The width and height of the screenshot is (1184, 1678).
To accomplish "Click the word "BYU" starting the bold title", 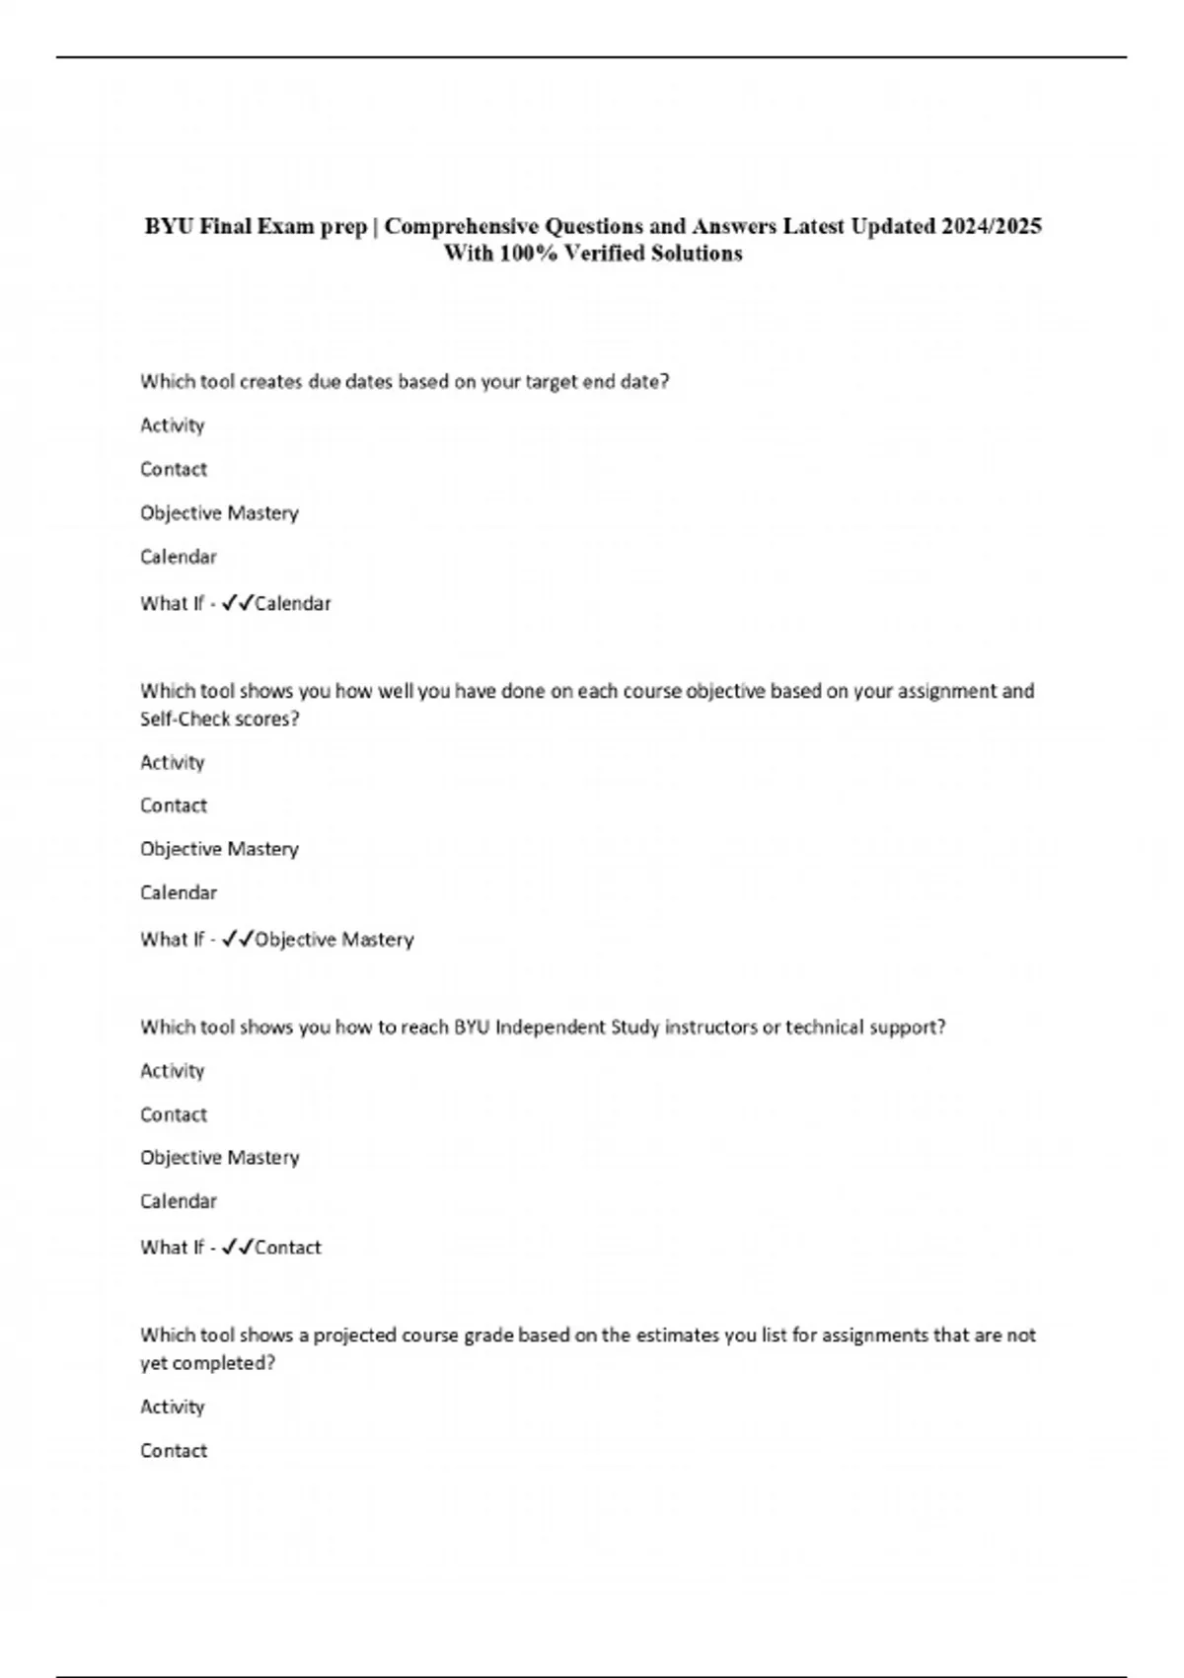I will (x=169, y=226).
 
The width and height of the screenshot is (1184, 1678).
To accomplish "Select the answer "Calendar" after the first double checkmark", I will (x=293, y=603).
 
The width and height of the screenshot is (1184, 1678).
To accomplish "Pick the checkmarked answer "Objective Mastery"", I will (x=334, y=940).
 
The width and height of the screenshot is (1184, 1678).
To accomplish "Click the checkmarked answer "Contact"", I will (x=288, y=1248).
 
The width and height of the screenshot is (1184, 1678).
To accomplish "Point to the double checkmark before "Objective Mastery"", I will (x=238, y=940).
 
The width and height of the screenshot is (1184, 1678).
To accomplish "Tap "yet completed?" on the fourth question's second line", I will (x=207, y=1363).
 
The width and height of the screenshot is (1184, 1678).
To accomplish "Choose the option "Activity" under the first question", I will (x=173, y=425).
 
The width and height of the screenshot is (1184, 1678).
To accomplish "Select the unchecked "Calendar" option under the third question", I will (x=179, y=1201).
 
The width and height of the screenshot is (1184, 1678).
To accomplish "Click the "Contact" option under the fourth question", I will (x=174, y=1451).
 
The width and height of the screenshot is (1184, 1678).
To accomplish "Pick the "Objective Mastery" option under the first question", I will (x=219, y=513).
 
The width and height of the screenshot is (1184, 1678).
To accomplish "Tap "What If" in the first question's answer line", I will (x=172, y=603).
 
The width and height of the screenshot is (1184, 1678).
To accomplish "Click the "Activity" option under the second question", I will (x=173, y=762).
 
